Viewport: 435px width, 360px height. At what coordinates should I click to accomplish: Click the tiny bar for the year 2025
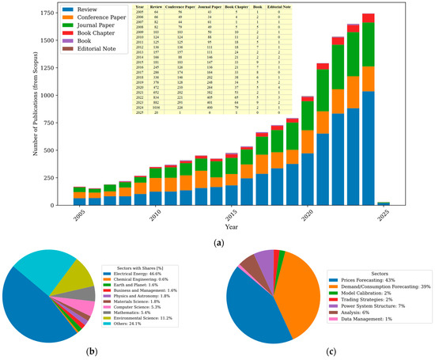click(x=384, y=203)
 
